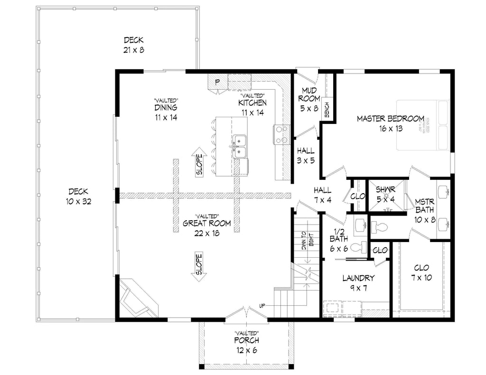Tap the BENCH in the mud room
click(x=327, y=109)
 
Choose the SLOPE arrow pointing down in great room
click(x=199, y=265)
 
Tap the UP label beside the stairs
click(x=262, y=305)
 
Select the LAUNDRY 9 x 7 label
click(x=358, y=283)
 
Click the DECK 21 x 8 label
click(x=133, y=45)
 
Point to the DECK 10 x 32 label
click(x=78, y=196)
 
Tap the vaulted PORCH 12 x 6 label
click(x=246, y=345)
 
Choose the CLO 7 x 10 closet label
click(x=421, y=272)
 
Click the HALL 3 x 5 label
click(x=306, y=156)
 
